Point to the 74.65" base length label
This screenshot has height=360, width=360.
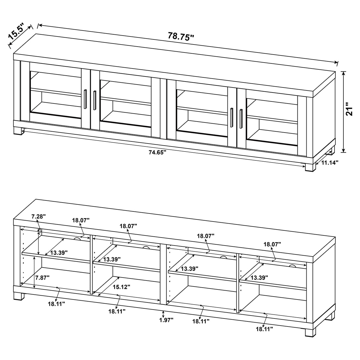coord(157,152)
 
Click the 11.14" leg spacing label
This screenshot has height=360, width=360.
coord(329,162)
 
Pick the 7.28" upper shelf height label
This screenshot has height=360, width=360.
coord(39,216)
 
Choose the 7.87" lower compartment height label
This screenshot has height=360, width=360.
coord(42,278)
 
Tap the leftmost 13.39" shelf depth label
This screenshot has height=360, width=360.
coord(59,253)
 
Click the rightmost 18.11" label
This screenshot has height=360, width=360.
coord(264,329)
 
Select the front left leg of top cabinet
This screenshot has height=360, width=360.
coord(18,131)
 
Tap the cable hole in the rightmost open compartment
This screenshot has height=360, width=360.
coord(292,266)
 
